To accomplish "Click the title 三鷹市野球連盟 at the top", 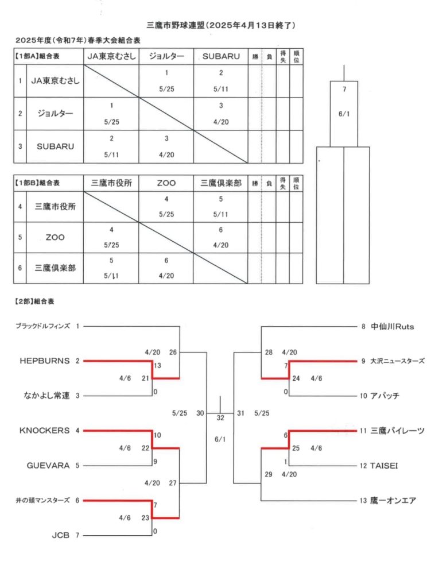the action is click(x=176, y=25).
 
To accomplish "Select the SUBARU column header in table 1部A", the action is click(x=221, y=56).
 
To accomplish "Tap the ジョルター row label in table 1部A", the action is click(x=55, y=113).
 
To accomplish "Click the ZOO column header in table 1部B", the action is click(x=166, y=183).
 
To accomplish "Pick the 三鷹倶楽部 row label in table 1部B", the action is click(x=55, y=268).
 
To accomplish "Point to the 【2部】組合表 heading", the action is click(x=34, y=301).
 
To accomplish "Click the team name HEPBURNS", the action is click(x=45, y=361).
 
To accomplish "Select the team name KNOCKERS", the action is click(x=45, y=431).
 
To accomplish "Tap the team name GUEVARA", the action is click(x=48, y=465).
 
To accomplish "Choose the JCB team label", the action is click(x=60, y=535).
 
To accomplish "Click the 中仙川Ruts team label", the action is click(x=393, y=327).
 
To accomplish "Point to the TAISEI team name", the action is click(x=384, y=466).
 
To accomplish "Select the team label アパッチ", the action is click(x=385, y=396).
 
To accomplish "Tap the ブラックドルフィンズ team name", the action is click(x=42, y=326).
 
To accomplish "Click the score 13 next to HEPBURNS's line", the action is click(x=157, y=365).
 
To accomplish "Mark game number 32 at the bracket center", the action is click(x=220, y=418).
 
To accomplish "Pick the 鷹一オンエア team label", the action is click(x=393, y=501).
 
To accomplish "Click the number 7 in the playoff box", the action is click(x=344, y=89).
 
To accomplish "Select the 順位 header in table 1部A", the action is click(x=296, y=57).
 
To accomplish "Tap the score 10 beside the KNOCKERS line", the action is click(x=157, y=435).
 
